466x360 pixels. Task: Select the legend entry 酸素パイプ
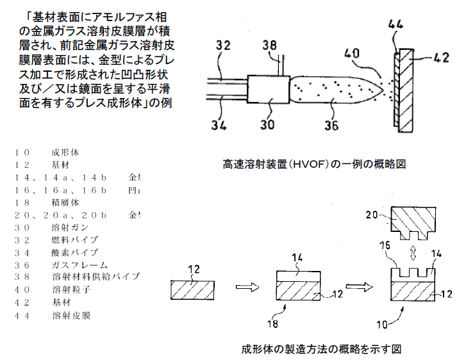[74, 252]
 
